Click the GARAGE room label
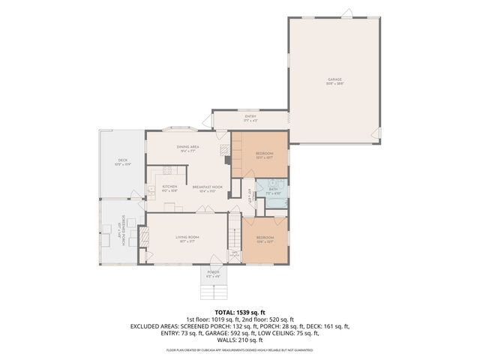(334, 79)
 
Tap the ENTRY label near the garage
(250, 116)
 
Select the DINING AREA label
(187, 147)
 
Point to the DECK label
(121, 160)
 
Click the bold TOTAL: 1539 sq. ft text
(239, 311)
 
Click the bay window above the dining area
(181, 127)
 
